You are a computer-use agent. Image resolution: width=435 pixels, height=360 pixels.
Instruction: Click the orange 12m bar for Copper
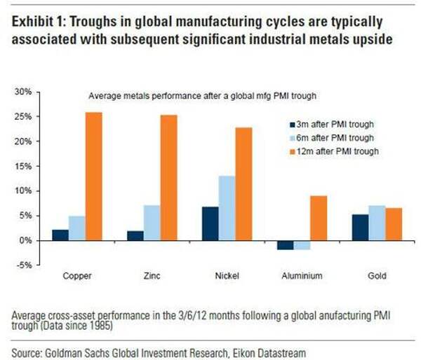[x=94, y=176]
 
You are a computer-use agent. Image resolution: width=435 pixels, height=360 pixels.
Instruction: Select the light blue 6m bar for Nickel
[x=227, y=208]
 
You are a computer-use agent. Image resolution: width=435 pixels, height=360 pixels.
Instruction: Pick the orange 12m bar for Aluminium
[x=319, y=218]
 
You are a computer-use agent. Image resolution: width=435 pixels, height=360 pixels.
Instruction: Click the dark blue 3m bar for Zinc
[x=135, y=235]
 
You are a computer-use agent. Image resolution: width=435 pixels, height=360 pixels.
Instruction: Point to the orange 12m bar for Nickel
[x=245, y=184]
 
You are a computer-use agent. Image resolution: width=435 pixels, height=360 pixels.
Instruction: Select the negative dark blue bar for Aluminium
[x=285, y=244]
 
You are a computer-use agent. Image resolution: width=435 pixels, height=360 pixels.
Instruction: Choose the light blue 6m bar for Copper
[x=77, y=228]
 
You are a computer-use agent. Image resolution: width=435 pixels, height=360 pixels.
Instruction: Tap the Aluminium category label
[x=302, y=276]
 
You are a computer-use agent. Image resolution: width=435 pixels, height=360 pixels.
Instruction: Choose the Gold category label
[x=377, y=276]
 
